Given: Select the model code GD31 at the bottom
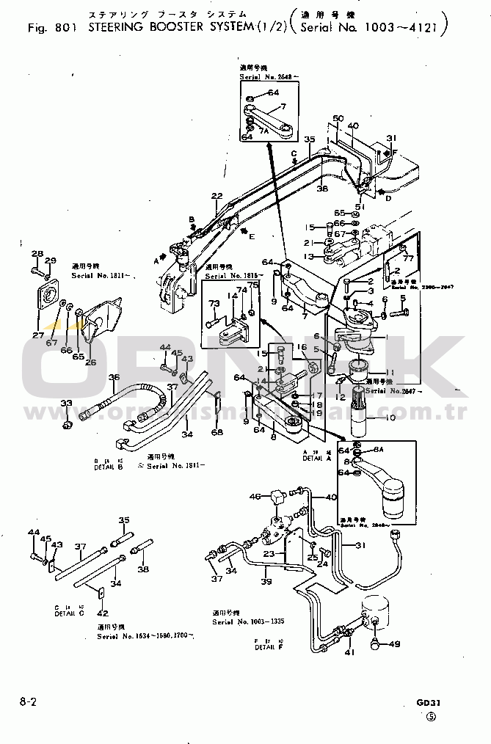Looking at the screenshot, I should pyautogui.click(x=426, y=701).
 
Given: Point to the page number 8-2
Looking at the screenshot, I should pyautogui.click(x=28, y=701).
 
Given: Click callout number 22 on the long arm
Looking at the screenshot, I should pyautogui.click(x=217, y=195).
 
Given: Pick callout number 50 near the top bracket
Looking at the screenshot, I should pyautogui.click(x=338, y=118).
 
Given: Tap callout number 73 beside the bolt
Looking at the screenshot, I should pyautogui.click(x=214, y=303).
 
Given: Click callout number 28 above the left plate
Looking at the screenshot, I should pyautogui.click(x=37, y=254).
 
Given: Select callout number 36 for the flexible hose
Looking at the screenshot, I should pyautogui.click(x=114, y=378).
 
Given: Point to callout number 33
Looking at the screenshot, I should pyautogui.click(x=66, y=404).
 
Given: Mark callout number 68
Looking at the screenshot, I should pyautogui.click(x=217, y=432).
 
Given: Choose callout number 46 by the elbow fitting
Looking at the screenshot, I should pyautogui.click(x=255, y=497).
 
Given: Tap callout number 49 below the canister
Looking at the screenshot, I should pyautogui.click(x=395, y=645).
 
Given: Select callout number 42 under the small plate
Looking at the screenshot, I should pyautogui.click(x=102, y=613).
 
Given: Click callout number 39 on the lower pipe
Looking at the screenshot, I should pyautogui.click(x=266, y=581).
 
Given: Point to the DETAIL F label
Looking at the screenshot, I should pyautogui.click(x=265, y=648).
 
